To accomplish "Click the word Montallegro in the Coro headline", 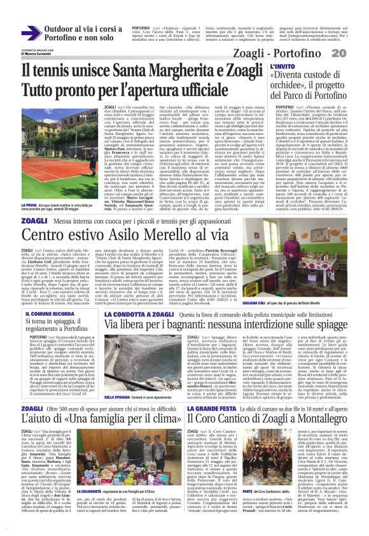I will coord(316,400).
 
